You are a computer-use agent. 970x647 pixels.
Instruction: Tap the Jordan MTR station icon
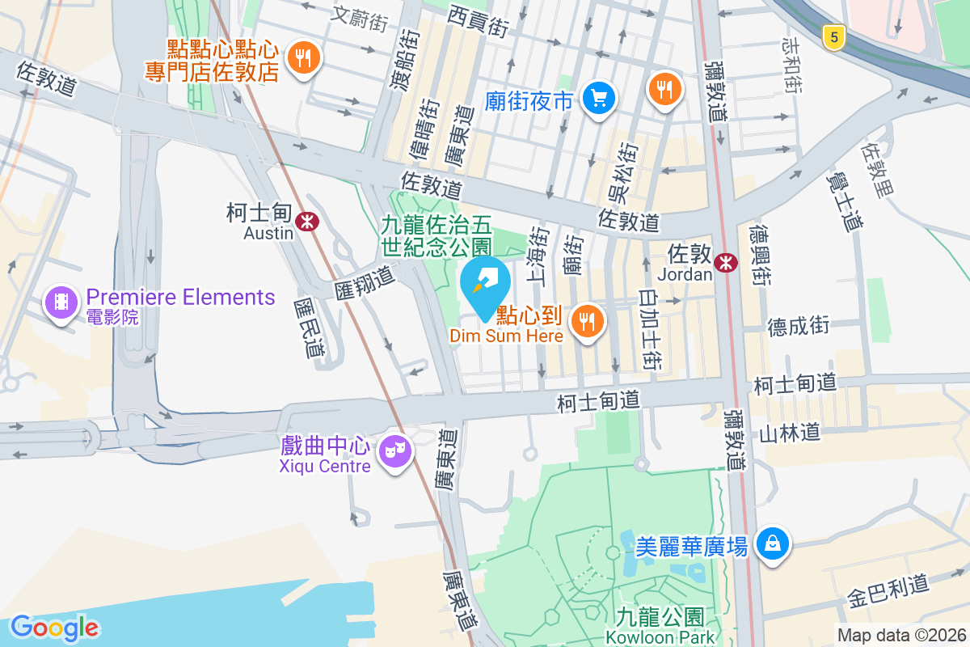(x=725, y=260)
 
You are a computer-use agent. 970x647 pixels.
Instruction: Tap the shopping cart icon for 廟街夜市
(x=599, y=99)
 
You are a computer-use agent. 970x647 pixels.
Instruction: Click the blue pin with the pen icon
(x=484, y=282)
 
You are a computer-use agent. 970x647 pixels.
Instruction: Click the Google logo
(x=54, y=627)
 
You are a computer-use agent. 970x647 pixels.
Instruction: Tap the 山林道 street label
(x=789, y=433)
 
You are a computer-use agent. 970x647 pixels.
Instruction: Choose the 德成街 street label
(x=799, y=326)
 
